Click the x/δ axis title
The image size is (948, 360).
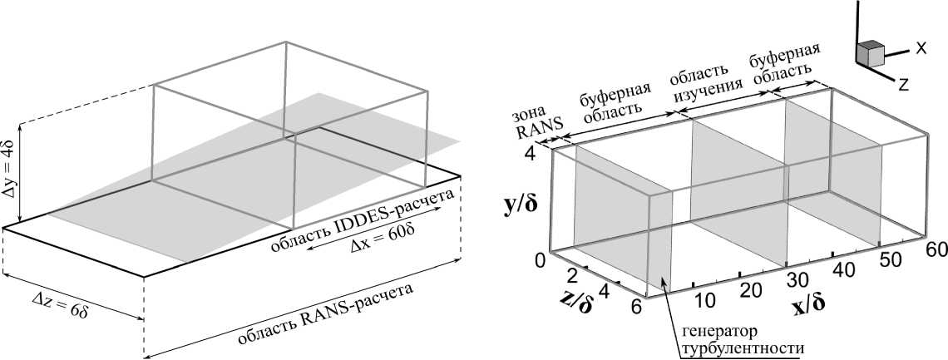808,303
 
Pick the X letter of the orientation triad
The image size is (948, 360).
921,48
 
